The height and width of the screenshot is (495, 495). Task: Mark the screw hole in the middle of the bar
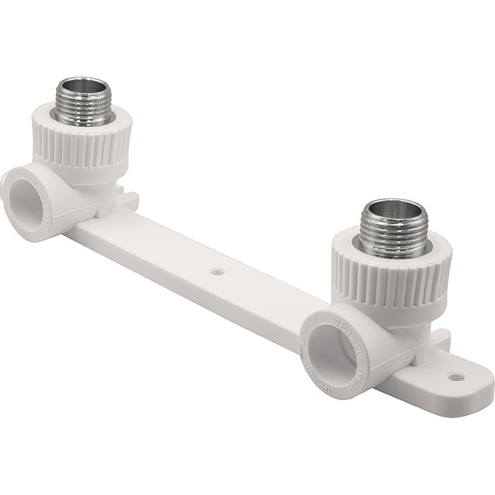tap(217, 271)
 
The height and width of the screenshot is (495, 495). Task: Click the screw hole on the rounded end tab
tap(455, 377)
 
